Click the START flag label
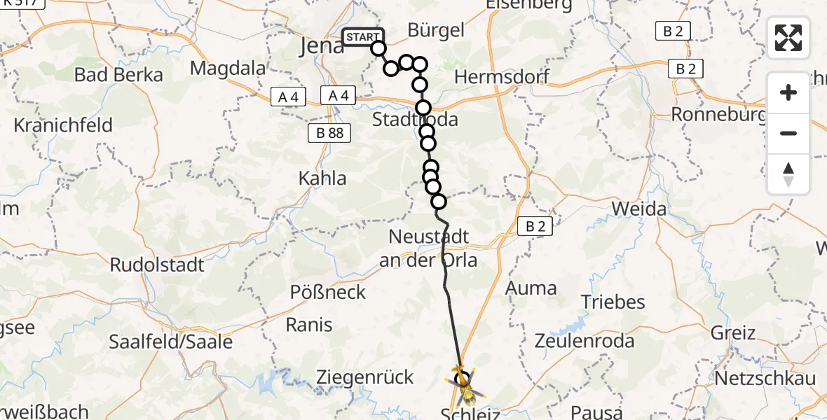click(363, 37)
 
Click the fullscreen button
click(788, 38)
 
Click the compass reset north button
click(788, 174)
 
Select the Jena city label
click(322, 46)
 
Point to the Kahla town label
click(322, 178)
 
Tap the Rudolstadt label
click(157, 265)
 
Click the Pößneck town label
click(329, 292)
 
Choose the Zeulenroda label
click(585, 342)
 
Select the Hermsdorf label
click(502, 77)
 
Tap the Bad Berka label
click(118, 75)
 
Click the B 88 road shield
click(329, 133)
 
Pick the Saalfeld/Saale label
click(170, 342)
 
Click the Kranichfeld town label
click(63, 126)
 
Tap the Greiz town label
click(733, 332)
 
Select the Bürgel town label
click(437, 30)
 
